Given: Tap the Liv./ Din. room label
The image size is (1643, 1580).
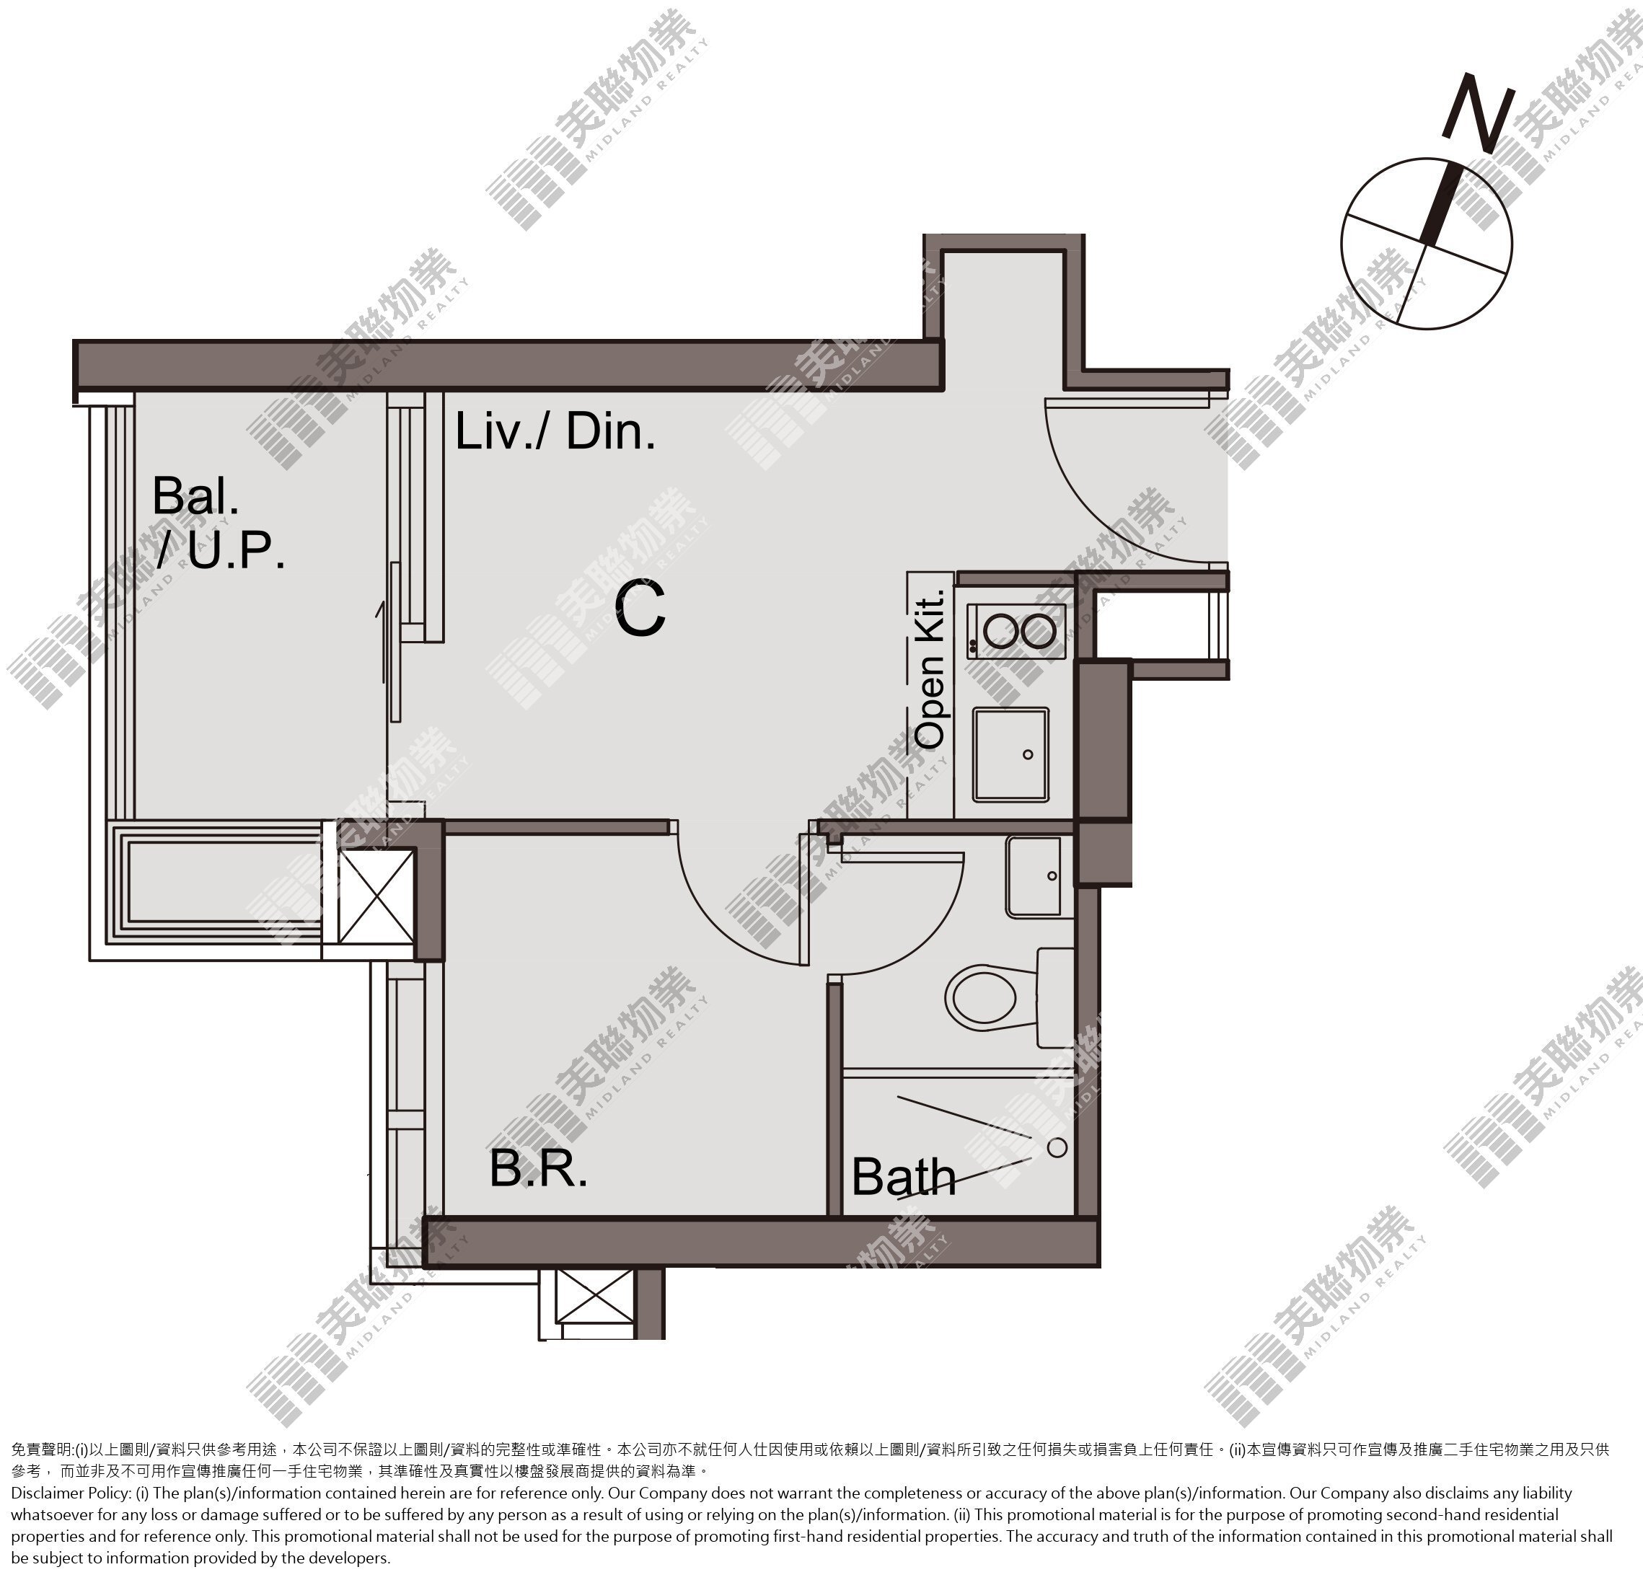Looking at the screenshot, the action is (x=555, y=433).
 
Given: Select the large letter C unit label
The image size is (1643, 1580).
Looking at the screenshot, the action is (x=640, y=609).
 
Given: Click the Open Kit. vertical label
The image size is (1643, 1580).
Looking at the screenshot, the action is (x=930, y=668).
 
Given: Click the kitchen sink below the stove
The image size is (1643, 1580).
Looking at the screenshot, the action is (x=1011, y=754).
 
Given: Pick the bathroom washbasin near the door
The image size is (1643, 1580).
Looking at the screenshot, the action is (x=1039, y=877).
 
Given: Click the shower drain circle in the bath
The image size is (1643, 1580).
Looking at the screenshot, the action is (x=1058, y=1147).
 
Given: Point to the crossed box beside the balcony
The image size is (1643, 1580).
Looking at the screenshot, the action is (x=376, y=896).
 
